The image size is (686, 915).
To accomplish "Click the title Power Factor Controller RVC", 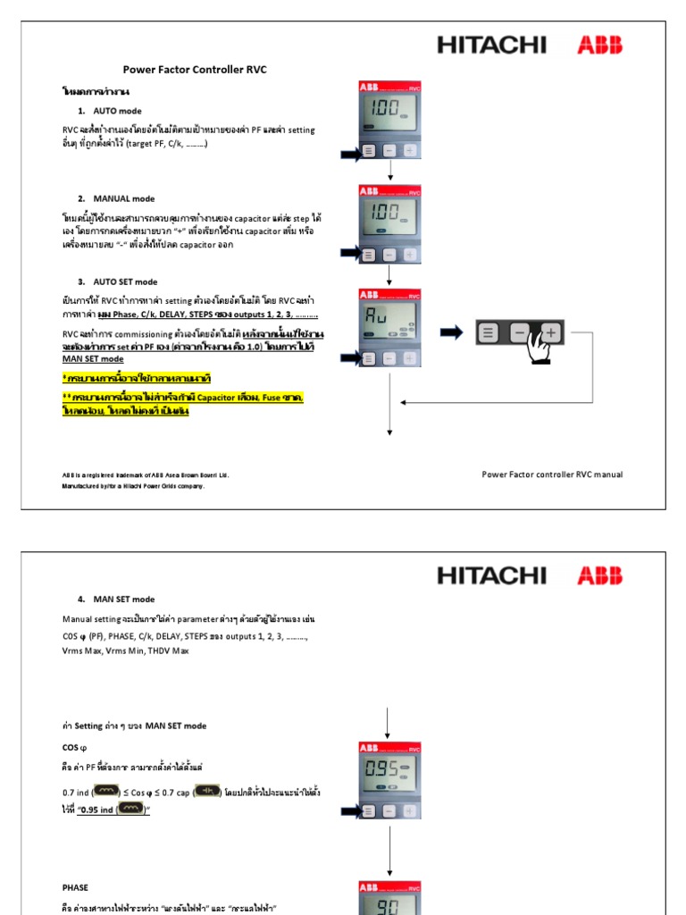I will (x=194, y=70).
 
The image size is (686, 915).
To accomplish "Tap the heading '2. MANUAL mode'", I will (x=115, y=198).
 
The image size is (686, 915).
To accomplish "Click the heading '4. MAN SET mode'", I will (x=115, y=600).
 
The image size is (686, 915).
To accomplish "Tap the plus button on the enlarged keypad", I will (x=551, y=333).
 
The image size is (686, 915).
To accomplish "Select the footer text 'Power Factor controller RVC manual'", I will (x=552, y=474).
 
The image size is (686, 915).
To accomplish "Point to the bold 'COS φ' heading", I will (x=74, y=746).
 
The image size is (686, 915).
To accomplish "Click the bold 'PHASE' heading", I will (x=75, y=888).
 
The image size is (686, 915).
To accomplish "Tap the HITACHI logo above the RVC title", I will (x=490, y=45).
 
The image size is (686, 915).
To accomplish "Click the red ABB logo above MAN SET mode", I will (x=599, y=575).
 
